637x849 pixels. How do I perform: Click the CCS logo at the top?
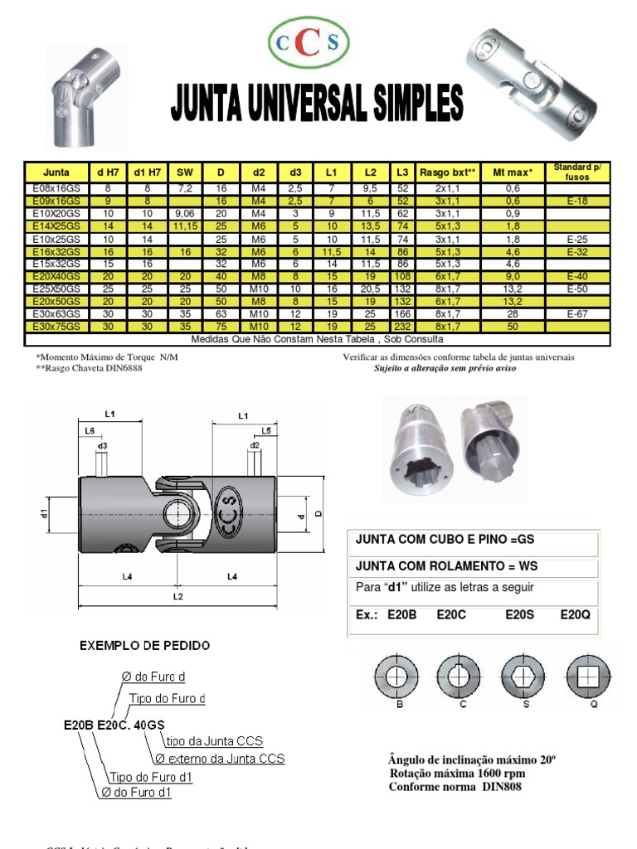309,42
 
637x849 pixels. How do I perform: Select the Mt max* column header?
513,172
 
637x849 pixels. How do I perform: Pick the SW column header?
184,172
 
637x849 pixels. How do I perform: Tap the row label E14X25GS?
56,226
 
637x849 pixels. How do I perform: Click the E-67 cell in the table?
577,315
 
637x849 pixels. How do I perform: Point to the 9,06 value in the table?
184,213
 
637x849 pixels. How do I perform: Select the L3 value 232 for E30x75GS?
402,327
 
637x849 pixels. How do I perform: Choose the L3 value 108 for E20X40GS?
402,277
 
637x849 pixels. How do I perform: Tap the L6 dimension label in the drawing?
89,431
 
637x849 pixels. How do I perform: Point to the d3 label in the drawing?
102,446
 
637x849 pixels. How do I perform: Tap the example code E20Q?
576,614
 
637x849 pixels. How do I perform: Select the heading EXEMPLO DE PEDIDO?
144,645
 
